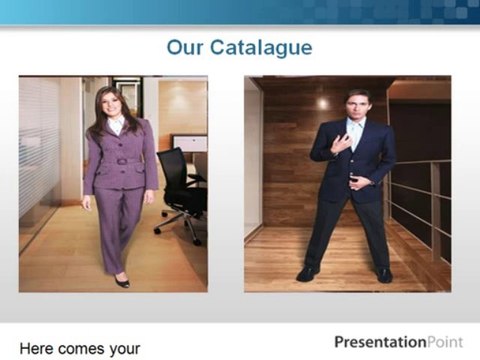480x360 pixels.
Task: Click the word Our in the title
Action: [185, 48]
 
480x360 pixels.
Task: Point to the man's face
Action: [357, 105]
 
